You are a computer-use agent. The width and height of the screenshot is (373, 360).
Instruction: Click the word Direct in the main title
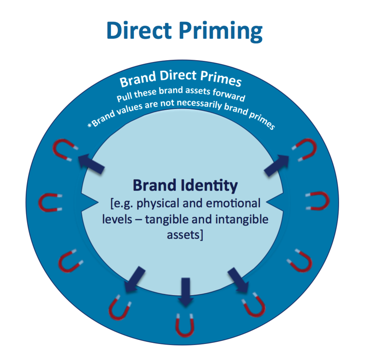(139, 30)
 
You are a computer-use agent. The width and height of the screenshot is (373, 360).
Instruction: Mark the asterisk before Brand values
(90, 125)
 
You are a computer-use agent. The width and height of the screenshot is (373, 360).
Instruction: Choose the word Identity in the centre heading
(209, 186)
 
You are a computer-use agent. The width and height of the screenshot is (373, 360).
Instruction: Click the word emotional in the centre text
(233, 203)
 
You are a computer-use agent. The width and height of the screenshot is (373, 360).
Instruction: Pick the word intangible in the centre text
(242, 219)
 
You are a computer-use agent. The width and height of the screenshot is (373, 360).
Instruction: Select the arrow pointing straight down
(185, 292)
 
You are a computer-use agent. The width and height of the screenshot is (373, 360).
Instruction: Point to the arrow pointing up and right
(277, 165)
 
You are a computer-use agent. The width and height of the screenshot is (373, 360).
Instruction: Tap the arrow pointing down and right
(238, 280)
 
